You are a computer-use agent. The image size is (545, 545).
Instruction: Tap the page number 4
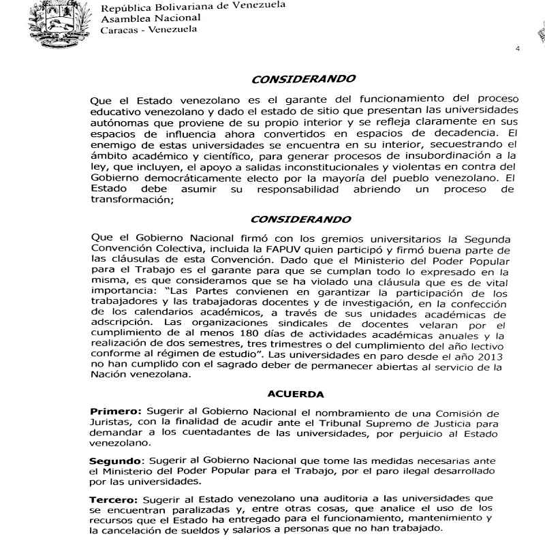(x=518, y=49)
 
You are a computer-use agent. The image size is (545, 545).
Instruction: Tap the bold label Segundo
(x=116, y=460)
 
